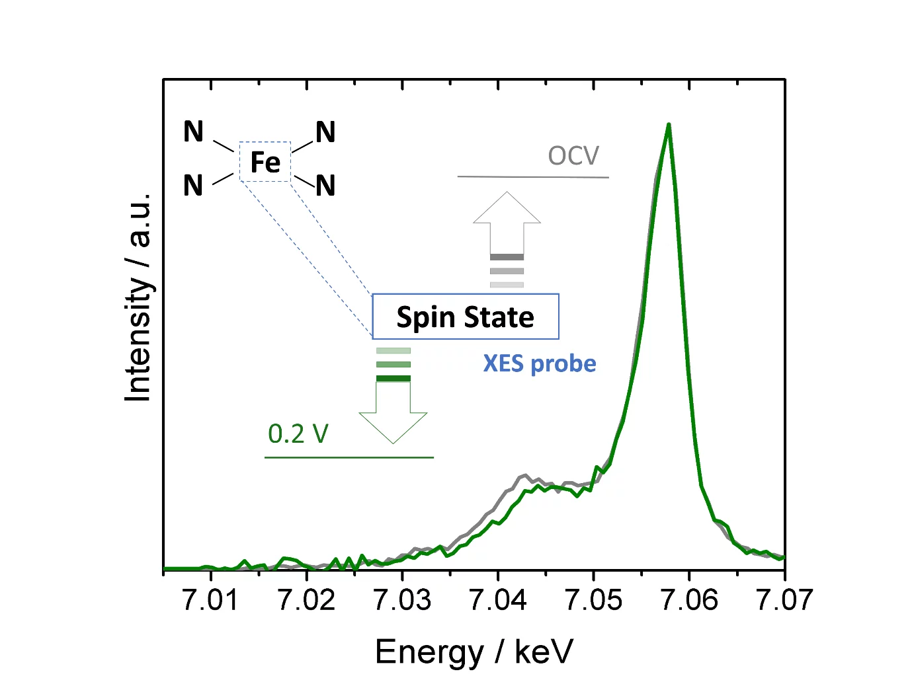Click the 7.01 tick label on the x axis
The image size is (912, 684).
point(210,600)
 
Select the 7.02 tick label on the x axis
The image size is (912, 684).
point(306,600)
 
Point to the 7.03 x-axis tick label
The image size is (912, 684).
point(402,600)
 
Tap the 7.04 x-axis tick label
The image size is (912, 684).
point(497,600)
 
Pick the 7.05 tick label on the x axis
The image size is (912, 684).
point(593,600)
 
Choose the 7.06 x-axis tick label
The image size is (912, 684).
point(688,600)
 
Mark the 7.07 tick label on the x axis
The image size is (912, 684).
point(784,600)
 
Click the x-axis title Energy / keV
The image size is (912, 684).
point(474,652)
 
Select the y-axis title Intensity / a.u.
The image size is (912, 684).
point(139,297)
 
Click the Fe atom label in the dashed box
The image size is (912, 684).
point(265,162)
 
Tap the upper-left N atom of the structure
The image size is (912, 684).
point(193,132)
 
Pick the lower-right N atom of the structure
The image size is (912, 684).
point(325,186)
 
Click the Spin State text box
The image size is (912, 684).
point(466,317)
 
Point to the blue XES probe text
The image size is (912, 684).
point(540,363)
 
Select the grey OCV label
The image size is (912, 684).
point(573,156)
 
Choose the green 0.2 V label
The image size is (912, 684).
point(298,434)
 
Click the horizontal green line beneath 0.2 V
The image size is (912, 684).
point(349,457)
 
